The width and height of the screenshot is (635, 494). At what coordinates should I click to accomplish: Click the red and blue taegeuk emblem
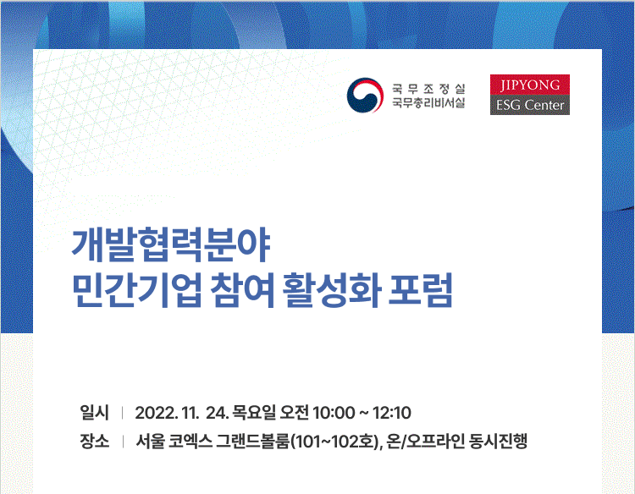click(x=365, y=96)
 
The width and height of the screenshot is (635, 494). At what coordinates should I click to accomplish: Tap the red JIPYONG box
click(x=530, y=85)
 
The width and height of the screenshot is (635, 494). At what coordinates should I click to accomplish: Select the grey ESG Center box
click(x=530, y=105)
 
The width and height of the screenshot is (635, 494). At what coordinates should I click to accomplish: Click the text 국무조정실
click(x=428, y=88)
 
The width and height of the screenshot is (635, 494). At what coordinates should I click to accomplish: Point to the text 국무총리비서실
click(x=428, y=102)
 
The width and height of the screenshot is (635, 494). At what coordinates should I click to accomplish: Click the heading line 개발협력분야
click(x=171, y=245)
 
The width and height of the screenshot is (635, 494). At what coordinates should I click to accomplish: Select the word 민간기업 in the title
click(x=137, y=289)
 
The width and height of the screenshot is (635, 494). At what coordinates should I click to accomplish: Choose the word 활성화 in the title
click(x=331, y=289)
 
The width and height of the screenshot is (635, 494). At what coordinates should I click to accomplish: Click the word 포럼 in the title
click(x=420, y=289)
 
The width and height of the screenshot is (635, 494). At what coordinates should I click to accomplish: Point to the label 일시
click(x=94, y=412)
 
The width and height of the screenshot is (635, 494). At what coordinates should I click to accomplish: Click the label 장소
click(x=94, y=441)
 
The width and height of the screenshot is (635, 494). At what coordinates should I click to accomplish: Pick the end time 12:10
click(x=392, y=413)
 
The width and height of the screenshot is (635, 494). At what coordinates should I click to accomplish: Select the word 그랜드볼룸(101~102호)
click(x=299, y=442)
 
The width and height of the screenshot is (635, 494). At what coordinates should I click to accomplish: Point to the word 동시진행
click(x=498, y=441)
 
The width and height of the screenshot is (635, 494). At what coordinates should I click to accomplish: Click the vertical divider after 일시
click(x=122, y=413)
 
